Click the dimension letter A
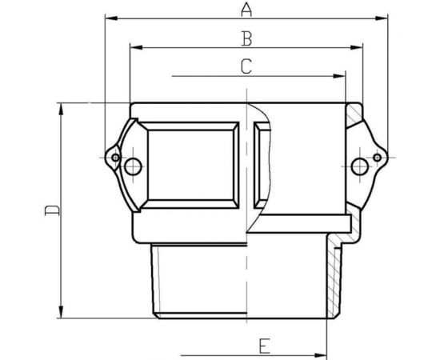[x=246, y=10]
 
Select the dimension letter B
[x=246, y=38]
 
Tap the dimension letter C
[x=246, y=66]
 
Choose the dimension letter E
[x=265, y=345]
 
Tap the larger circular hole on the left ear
[x=134, y=166]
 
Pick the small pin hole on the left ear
[x=115, y=158]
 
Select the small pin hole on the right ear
[x=378, y=158]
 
